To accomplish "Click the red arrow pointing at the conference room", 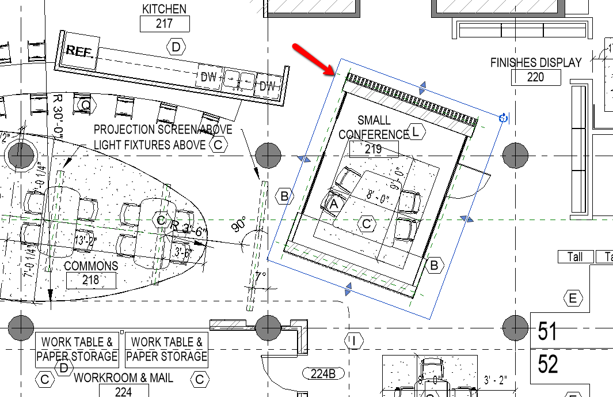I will (314, 59).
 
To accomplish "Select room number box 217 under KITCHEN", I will (165, 24).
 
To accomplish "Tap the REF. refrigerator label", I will (79, 51).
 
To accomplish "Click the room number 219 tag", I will (374, 149).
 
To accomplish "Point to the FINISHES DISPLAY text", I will (535, 62).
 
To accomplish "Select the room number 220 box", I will (535, 77).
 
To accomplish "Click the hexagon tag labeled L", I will (417, 132).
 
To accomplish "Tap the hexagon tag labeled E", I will (572, 298).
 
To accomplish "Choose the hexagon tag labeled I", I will (353, 341).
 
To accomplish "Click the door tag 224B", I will (323, 373).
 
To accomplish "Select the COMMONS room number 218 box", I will (91, 281).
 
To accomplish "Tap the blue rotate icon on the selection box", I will (503, 118).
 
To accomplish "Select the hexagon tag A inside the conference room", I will (334, 203).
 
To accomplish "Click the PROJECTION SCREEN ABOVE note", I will (163, 130).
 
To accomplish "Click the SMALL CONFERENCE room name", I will (374, 127).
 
